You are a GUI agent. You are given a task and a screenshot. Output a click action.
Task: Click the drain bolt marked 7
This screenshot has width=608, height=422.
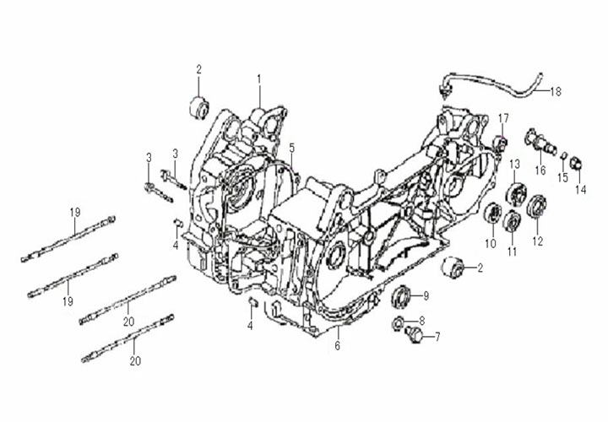tap(413, 336)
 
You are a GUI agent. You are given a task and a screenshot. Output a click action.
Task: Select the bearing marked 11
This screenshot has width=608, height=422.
tap(509, 221)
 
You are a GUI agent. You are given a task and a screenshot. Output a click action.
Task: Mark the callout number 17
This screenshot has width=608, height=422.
tap(503, 117)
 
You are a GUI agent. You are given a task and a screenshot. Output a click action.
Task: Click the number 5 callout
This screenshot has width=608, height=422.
tap(291, 149)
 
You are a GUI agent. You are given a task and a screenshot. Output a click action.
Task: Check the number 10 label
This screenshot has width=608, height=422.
tap(490, 244)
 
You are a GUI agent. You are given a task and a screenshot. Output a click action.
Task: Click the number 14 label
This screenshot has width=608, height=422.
tap(579, 190)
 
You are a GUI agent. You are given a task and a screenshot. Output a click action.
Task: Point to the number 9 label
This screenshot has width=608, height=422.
tap(426, 295)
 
